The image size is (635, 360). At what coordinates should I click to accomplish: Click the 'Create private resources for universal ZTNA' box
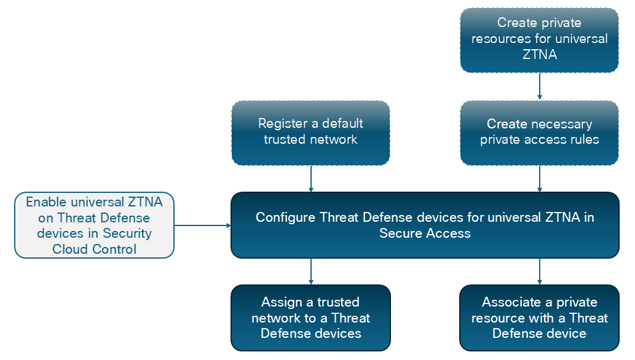pos(540,40)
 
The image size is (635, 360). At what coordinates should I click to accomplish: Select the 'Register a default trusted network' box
pos(310,133)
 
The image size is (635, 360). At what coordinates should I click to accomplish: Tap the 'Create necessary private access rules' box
pos(540,133)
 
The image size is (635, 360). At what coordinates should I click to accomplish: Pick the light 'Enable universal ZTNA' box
pos(95,225)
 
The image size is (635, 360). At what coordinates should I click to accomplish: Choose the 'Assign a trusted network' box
pos(310,318)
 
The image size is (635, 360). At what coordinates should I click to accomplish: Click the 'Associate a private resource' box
pos(540,318)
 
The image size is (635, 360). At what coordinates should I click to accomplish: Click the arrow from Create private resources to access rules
pos(540,86)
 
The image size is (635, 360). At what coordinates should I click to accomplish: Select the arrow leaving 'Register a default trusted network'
pos(310,179)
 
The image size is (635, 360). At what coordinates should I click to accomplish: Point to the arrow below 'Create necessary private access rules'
pos(540,179)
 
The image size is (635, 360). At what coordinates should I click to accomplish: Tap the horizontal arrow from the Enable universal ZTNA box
pos(202,225)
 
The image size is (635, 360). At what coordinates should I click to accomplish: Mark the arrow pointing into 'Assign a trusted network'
pos(310,272)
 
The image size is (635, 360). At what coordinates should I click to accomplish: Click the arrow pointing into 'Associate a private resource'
pos(540,272)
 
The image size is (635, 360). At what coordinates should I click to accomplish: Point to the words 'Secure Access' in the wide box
pos(425,233)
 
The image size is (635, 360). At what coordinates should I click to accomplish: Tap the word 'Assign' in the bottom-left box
pos(282,302)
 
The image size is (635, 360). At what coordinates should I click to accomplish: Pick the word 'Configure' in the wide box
pos(285,217)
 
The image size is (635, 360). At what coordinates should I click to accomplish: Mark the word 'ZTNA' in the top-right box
pos(540,54)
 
